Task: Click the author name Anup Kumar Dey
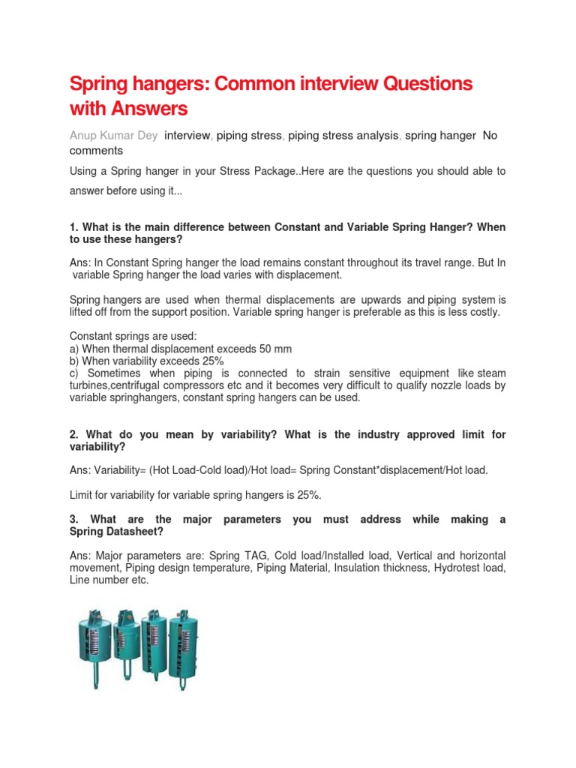(114, 136)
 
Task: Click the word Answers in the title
(149, 109)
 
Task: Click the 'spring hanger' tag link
(440, 136)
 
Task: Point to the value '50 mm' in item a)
(275, 349)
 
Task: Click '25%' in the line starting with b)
(208, 361)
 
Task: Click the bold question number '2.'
(74, 435)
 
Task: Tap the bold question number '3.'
(74, 519)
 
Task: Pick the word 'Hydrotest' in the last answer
(451, 568)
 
